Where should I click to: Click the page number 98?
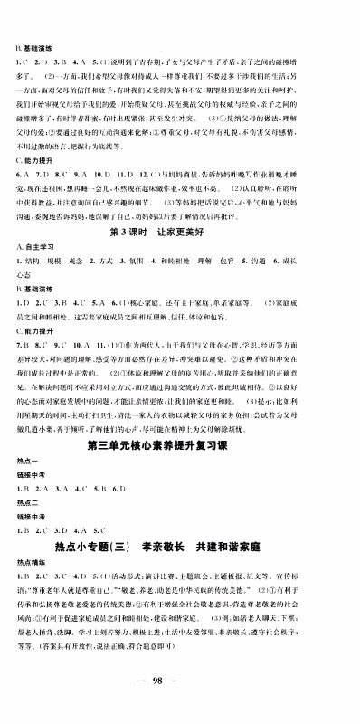coord(180,706)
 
